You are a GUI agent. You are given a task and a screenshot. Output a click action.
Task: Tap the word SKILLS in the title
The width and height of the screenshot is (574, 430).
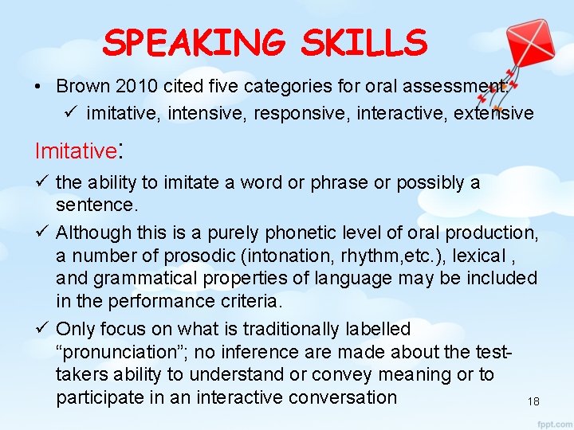(x=364, y=42)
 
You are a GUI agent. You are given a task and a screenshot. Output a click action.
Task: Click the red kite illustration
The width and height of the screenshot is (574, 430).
(x=500, y=49)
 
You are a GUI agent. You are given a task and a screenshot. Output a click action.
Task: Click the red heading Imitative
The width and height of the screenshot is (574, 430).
(x=76, y=150)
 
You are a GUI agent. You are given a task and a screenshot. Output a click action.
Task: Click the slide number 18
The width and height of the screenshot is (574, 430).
(x=533, y=402)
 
